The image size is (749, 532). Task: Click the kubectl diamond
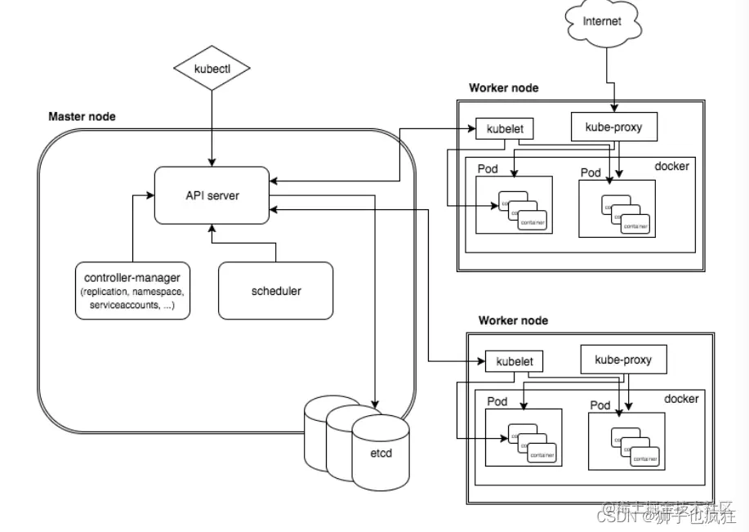point(212,69)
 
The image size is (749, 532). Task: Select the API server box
point(212,196)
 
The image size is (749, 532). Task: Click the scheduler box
point(275,291)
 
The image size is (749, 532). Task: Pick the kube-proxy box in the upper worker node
point(613,127)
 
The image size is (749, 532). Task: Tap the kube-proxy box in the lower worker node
point(623,360)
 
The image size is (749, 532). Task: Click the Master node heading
point(82,117)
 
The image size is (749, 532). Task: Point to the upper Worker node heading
point(503,88)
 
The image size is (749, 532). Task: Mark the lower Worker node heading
point(513,321)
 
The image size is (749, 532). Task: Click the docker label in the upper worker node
point(671,167)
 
